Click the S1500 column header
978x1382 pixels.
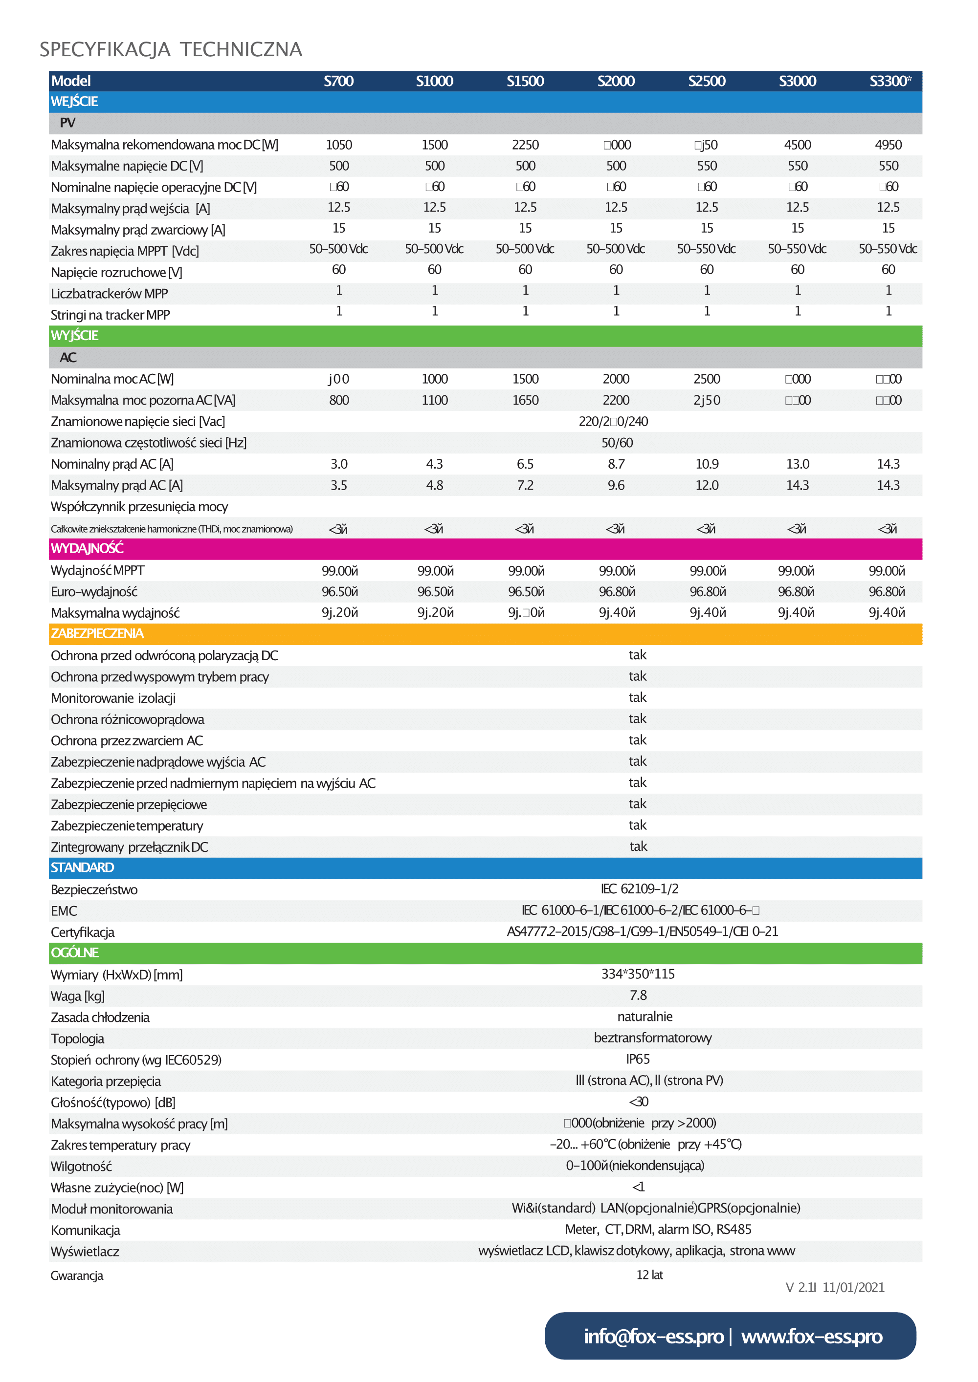pyautogui.click(x=525, y=81)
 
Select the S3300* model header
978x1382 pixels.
pyautogui.click(x=889, y=81)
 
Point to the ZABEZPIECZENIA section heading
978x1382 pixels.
pyautogui.click(x=97, y=634)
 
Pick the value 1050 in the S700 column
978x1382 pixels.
pyautogui.click(x=339, y=145)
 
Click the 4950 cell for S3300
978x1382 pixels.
pyautogui.click(x=889, y=145)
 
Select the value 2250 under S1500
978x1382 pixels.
pyautogui.click(x=525, y=145)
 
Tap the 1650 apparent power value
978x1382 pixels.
pyautogui.click(x=525, y=400)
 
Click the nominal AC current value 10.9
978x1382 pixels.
pyautogui.click(x=707, y=464)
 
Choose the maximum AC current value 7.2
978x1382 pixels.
pyautogui.click(x=525, y=485)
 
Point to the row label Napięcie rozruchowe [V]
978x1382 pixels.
pyautogui.click(x=116, y=273)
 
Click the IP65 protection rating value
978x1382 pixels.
pyautogui.click(x=638, y=1059)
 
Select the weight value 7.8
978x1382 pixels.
pyautogui.click(x=638, y=995)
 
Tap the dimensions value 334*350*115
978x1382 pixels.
pyautogui.click(x=638, y=974)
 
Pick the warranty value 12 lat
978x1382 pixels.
pyautogui.click(x=649, y=1275)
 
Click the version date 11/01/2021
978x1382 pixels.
pyautogui.click(x=853, y=1288)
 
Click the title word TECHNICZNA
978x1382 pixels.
pyautogui.click(x=241, y=49)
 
